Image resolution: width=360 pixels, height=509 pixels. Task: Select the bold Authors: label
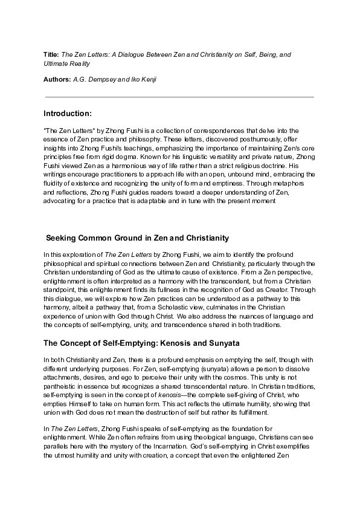[57, 80]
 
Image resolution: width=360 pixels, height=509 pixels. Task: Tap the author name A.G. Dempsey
[95, 80]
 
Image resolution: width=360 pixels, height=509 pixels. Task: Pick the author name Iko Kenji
[141, 80]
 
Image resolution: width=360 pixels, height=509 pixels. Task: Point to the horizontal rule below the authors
[179, 97]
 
